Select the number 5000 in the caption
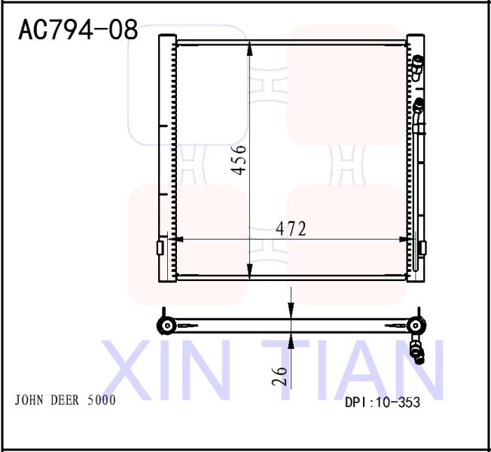pos(102,400)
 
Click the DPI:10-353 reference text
pos(382,402)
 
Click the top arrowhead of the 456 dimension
pos(250,49)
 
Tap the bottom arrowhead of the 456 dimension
pos(250,270)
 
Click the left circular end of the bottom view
pos(165,325)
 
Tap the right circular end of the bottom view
pos(413,325)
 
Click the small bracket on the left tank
pos(160,248)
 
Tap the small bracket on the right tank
pos(422,247)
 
